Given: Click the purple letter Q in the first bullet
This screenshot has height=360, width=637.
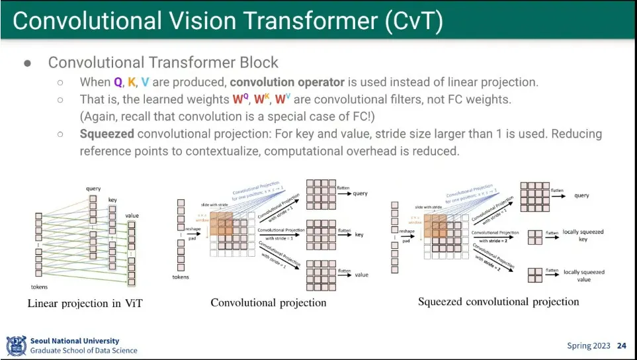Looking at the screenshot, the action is (x=117, y=83).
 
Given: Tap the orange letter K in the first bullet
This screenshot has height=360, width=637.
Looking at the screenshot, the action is (x=132, y=83).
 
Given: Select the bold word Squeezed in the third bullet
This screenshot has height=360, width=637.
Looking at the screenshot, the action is (x=106, y=134).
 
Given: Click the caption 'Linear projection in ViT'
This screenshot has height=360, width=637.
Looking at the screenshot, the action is (x=85, y=304).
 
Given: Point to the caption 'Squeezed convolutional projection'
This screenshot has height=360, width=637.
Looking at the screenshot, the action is (x=498, y=302).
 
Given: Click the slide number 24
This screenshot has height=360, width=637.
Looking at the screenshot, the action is (x=621, y=345).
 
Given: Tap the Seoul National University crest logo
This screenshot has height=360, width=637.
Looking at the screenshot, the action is (x=16, y=345).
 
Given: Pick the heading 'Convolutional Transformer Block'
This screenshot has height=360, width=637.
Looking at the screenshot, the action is (x=163, y=63).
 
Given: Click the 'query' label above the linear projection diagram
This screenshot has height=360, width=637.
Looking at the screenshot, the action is (x=93, y=189).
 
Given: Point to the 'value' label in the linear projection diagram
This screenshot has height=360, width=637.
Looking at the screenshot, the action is (x=132, y=216).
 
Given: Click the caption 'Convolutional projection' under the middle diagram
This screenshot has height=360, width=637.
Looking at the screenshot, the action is (x=269, y=302).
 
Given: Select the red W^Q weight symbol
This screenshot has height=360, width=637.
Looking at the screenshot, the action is (x=239, y=100).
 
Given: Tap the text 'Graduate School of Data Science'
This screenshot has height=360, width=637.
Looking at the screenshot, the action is (x=84, y=351).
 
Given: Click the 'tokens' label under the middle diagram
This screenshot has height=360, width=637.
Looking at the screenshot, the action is (x=181, y=277).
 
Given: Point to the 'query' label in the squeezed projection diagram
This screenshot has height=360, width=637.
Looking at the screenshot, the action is (x=581, y=196).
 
